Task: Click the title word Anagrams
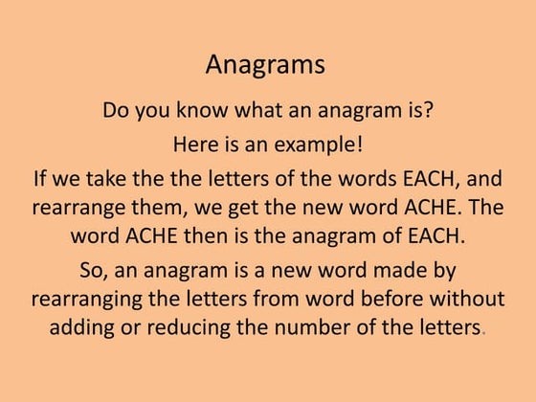265,65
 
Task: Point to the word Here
195,145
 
